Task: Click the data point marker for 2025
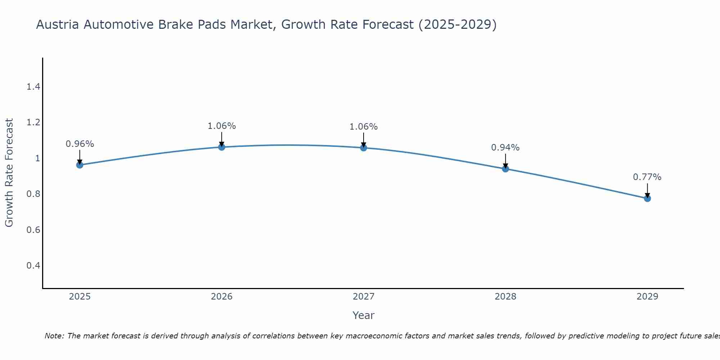click(x=80, y=165)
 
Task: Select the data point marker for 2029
click(x=647, y=198)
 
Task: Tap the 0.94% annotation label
click(x=505, y=148)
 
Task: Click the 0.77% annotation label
click(x=647, y=177)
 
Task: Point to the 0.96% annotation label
click(x=80, y=144)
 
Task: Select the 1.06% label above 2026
click(x=221, y=126)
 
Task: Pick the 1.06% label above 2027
click(x=363, y=127)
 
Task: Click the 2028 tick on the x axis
click(x=505, y=297)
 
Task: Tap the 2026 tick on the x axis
click(x=221, y=297)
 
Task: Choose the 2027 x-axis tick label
click(x=363, y=297)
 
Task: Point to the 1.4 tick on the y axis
click(x=33, y=87)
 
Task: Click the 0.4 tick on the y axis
click(x=33, y=266)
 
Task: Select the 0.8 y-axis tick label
click(x=33, y=194)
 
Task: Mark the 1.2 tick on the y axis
click(x=33, y=122)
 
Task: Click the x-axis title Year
click(x=363, y=315)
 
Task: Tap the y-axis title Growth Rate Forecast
click(x=9, y=173)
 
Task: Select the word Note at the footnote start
click(x=54, y=336)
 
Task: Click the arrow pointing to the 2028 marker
click(x=505, y=161)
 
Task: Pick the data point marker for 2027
click(x=363, y=148)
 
